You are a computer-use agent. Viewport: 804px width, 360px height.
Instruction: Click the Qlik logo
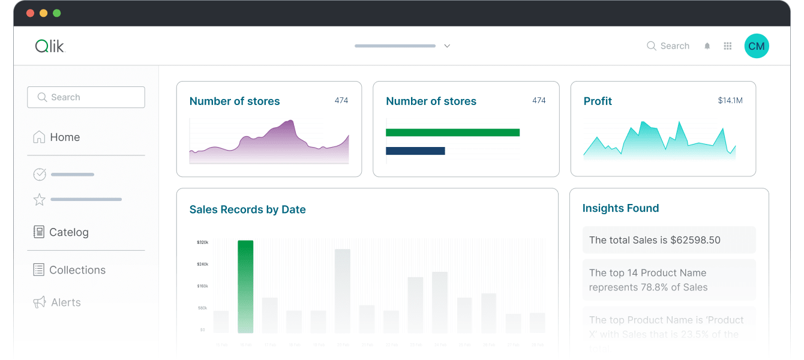(x=50, y=46)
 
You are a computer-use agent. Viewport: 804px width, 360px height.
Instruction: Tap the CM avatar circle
(x=757, y=46)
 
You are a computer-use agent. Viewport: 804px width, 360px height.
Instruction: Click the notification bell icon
(x=707, y=46)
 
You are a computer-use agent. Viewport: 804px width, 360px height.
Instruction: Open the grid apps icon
(x=728, y=46)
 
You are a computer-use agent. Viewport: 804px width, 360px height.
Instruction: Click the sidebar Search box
(x=86, y=97)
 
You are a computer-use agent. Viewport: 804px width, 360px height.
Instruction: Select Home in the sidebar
(x=65, y=137)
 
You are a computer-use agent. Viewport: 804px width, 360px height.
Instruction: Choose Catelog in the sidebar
(x=68, y=232)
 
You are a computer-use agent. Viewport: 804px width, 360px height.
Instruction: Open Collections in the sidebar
(x=77, y=270)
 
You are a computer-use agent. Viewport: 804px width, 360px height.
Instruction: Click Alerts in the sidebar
(x=66, y=302)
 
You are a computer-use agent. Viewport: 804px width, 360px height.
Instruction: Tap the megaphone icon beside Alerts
(x=40, y=302)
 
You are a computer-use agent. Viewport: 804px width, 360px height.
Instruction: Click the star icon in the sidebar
(x=40, y=200)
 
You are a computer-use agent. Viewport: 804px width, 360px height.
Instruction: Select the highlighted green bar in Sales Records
(x=245, y=286)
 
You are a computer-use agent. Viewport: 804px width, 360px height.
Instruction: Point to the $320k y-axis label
(x=202, y=242)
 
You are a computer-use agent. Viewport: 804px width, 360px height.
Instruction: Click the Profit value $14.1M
(x=730, y=101)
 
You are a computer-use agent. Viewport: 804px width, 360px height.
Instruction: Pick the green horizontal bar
(x=452, y=133)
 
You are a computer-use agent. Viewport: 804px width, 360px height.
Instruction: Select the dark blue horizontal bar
(x=415, y=151)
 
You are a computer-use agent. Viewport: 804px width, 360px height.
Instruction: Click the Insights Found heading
(x=620, y=208)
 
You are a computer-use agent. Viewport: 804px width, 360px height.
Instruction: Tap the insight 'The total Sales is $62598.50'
(x=668, y=240)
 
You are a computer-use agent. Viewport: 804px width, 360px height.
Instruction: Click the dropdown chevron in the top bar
(x=447, y=46)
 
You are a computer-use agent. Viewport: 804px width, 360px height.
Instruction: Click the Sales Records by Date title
(x=247, y=209)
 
